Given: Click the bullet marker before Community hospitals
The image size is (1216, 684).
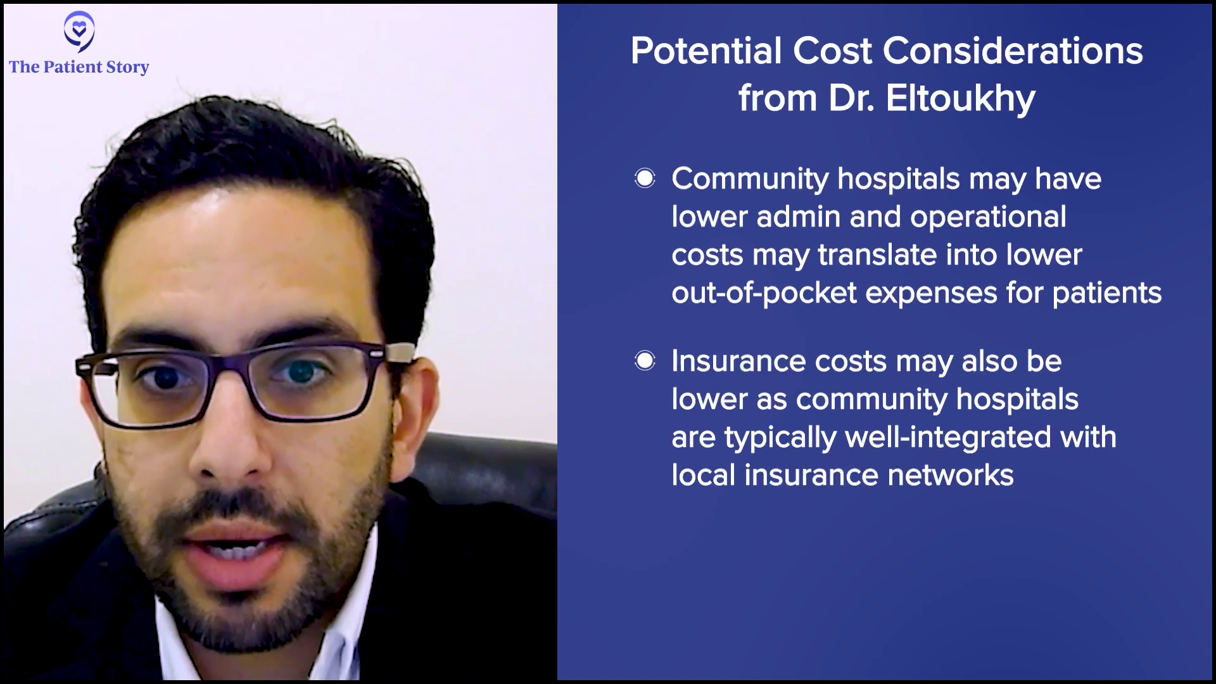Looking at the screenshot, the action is [x=645, y=179].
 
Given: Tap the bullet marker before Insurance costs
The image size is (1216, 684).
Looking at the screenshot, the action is [x=645, y=362].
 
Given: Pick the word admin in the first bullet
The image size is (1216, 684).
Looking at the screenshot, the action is [x=799, y=217].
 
